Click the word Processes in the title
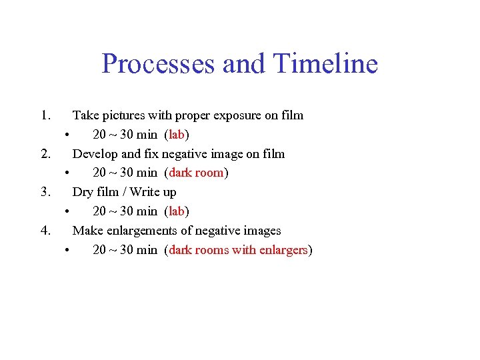pyautogui.click(x=159, y=65)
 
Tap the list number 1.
pyautogui.click(x=45, y=115)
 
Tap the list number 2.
pyautogui.click(x=45, y=154)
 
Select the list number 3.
pyautogui.click(x=45, y=192)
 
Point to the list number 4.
pyautogui.click(x=45, y=231)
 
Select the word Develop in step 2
pyautogui.click(x=95, y=155)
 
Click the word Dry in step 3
pyautogui.click(x=83, y=192)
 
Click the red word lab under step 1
pyautogui.click(x=177, y=135)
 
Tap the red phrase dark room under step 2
pyautogui.click(x=197, y=173)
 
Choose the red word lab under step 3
pyautogui.click(x=177, y=211)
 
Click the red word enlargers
pyautogui.click(x=283, y=251)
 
